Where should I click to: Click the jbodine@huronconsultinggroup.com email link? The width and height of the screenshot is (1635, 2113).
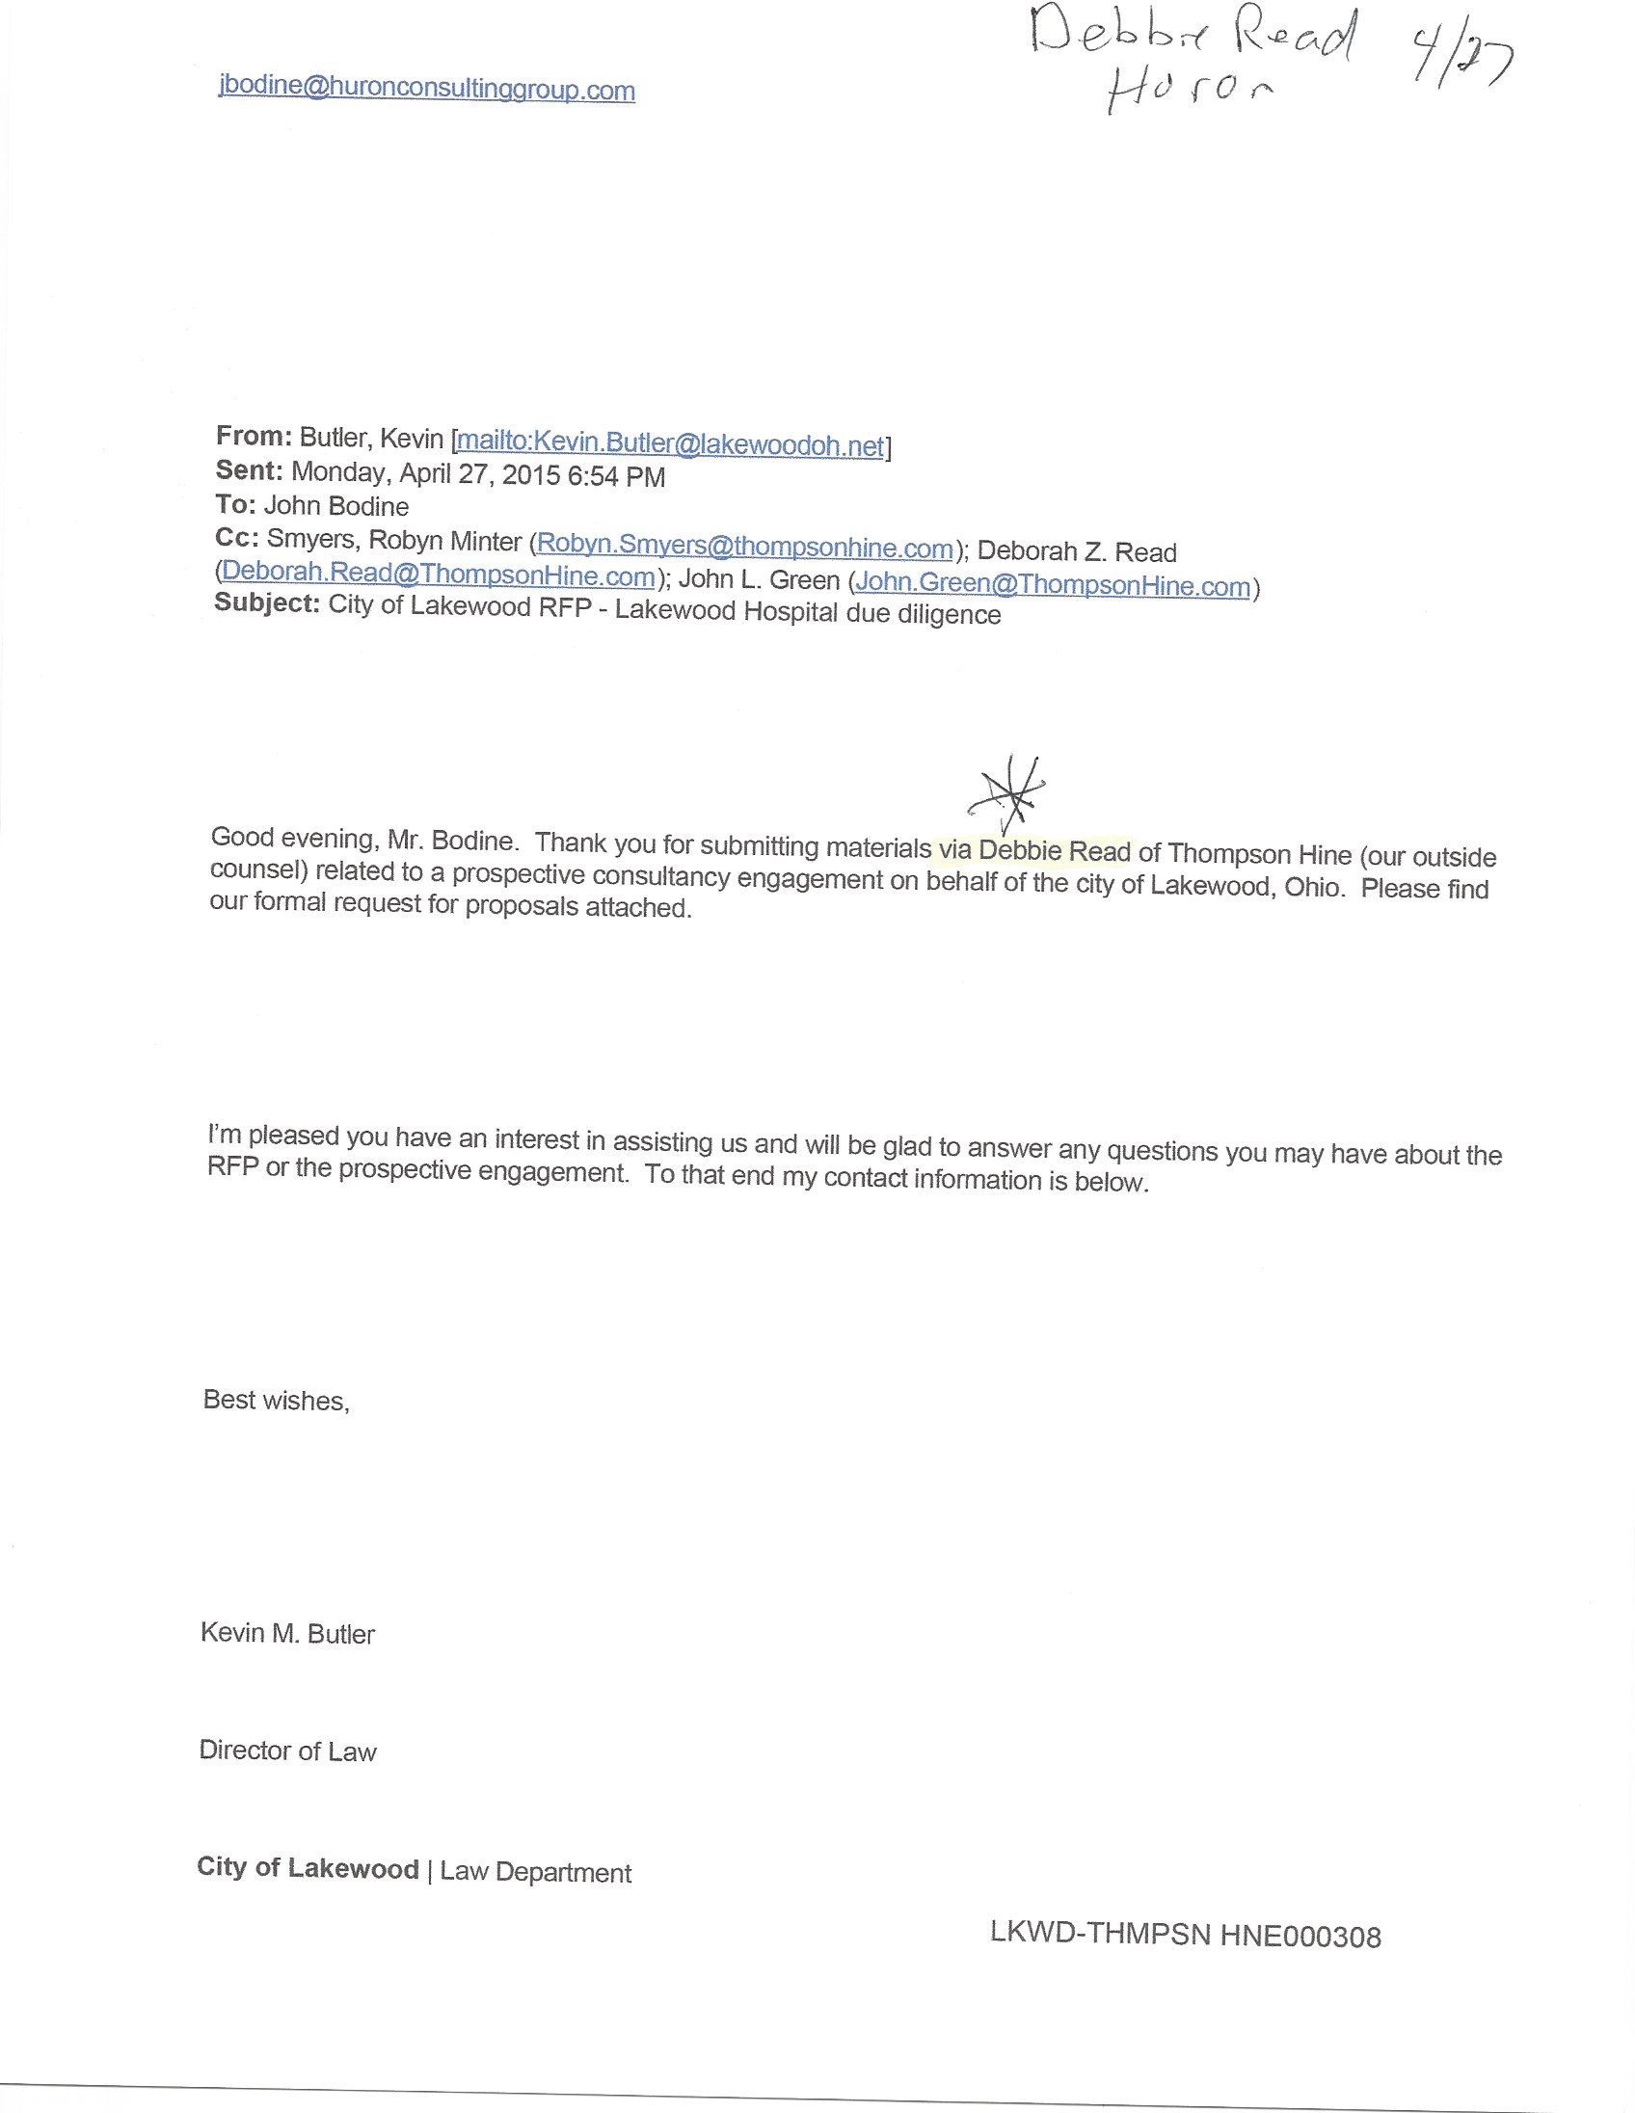coord(427,89)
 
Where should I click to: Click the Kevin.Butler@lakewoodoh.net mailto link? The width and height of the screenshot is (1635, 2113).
coord(670,444)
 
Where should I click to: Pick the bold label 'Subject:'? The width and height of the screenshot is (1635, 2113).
coord(266,603)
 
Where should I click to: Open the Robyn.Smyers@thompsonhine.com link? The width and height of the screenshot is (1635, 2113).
coord(745,548)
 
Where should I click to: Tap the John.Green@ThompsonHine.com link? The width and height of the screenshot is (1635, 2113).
coord(1053,584)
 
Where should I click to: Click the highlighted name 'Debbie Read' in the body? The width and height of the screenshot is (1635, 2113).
coord(1054,851)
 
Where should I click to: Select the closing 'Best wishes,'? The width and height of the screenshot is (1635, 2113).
coord(276,1400)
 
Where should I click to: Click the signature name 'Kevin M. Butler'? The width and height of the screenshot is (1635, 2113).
coord(287,1633)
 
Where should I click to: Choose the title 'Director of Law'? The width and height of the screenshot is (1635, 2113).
coord(287,1751)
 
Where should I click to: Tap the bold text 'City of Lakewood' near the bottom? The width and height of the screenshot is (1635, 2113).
coord(308,1867)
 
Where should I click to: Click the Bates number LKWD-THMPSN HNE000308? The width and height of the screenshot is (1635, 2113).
coord(1185,1935)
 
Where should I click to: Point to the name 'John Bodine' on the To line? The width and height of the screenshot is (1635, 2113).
coord(336,506)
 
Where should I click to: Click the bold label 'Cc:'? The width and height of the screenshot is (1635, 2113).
coord(237,539)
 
